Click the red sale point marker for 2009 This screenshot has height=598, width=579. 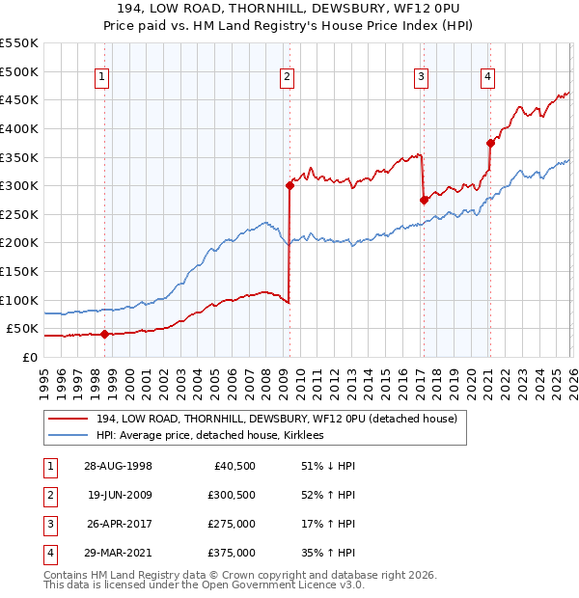tap(289, 185)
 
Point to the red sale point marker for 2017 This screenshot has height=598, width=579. tap(424, 200)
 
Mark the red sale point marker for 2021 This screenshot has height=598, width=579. tap(490, 143)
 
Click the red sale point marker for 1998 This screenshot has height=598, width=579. tap(104, 334)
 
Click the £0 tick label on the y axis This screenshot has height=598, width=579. tap(30, 357)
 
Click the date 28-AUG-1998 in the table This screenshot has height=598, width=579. tap(118, 466)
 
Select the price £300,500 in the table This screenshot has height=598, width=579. tap(232, 495)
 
